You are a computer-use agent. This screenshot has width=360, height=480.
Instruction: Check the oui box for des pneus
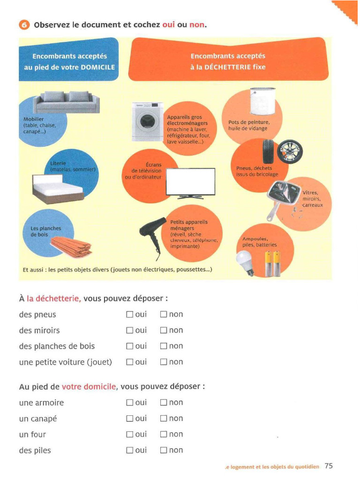(130, 315)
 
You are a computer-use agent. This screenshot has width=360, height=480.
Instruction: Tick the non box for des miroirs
(164, 330)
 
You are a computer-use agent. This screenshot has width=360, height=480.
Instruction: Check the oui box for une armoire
(130, 403)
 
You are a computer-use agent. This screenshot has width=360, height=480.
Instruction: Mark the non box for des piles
(164, 450)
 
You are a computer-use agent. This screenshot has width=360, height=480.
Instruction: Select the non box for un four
(164, 435)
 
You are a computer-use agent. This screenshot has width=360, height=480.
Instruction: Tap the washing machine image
(147, 122)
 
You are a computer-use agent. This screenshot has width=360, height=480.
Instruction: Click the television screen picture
(191, 182)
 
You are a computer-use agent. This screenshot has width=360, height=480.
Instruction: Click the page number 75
(329, 466)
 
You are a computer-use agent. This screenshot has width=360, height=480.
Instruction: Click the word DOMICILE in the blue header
(98, 67)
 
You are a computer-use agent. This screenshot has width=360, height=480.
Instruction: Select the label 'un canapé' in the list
(38, 419)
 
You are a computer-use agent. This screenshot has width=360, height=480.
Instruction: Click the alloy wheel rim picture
(290, 151)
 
